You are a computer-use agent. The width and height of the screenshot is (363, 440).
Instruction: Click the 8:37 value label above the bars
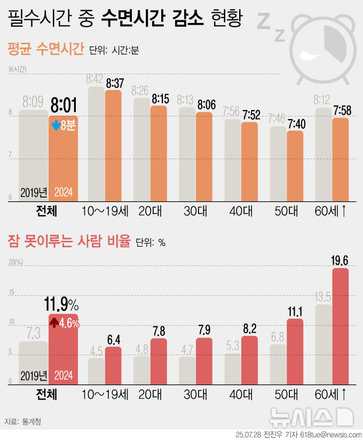115,84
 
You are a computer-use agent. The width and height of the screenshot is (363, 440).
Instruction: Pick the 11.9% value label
64,305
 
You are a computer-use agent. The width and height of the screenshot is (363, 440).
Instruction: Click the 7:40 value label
295,124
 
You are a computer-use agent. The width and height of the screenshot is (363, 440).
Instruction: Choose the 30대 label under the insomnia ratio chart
195,395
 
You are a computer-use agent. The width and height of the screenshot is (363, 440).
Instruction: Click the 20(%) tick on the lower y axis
15,262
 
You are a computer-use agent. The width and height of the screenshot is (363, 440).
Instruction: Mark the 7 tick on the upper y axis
10,155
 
